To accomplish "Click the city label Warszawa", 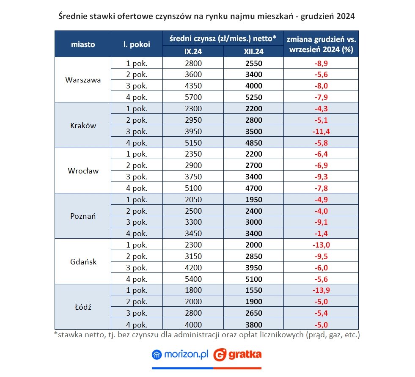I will coord(83,80).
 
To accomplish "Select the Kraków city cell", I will coord(83,125).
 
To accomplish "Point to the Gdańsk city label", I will coord(83,262).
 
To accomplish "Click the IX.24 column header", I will coord(193,51).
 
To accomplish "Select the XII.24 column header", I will coord(253,51).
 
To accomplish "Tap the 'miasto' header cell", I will coord(83,44).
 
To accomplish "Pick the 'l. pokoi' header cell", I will coord(137,44).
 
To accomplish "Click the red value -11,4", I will coord(321,131).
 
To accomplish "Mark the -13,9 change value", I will coord(321,291).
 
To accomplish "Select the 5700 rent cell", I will coord(193,97).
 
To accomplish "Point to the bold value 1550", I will coord(253,291).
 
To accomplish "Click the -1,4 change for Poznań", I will coord(321,234).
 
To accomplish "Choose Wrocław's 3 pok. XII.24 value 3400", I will coord(253,177).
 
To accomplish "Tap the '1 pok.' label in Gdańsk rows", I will coord(137,245).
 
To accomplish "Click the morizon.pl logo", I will coord(180,354).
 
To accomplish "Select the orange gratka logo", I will coord(237,354).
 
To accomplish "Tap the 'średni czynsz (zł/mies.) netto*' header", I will coord(223,38).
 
